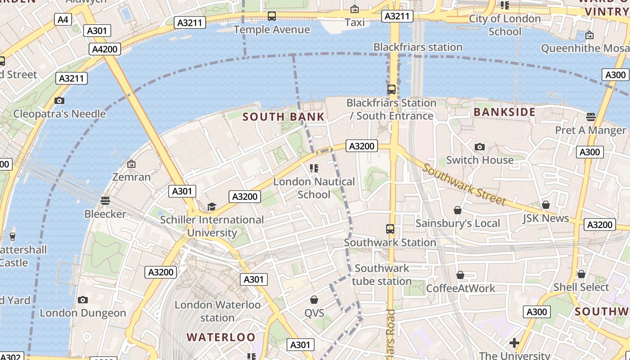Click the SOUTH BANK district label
pyautogui.click(x=283, y=117)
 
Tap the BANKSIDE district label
pyautogui.click(x=504, y=112)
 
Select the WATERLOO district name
pyautogui.click(x=220, y=337)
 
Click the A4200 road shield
pyautogui.click(x=105, y=49)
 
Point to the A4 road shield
pyautogui.click(x=63, y=19)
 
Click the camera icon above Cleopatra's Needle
pyautogui.click(x=59, y=100)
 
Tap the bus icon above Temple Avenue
pyautogui.click(x=272, y=17)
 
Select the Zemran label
pyautogui.click(x=131, y=177)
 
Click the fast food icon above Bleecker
pyautogui.click(x=105, y=200)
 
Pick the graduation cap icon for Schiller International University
pyautogui.click(x=211, y=207)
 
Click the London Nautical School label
pyautogui.click(x=314, y=188)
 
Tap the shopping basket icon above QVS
pyautogui.click(x=314, y=300)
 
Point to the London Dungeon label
pyautogui.click(x=83, y=313)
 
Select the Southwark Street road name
pyautogui.click(x=464, y=184)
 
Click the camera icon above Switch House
pyautogui.click(x=480, y=147)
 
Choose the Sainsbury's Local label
pyautogui.click(x=458, y=224)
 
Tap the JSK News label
pyautogui.click(x=546, y=219)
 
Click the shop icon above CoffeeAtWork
pyautogui.click(x=460, y=275)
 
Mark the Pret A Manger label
pyautogui.click(x=590, y=130)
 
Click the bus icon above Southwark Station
pyautogui.click(x=390, y=229)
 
